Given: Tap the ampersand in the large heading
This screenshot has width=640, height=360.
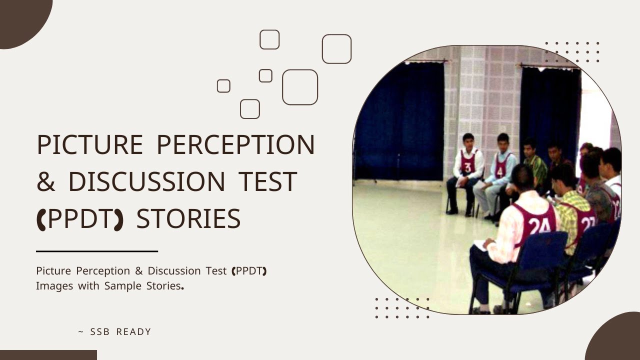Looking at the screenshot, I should [x=46, y=182].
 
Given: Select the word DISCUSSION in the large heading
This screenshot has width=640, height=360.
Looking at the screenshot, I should [x=147, y=182].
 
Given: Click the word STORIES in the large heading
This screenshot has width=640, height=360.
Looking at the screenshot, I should [x=188, y=219].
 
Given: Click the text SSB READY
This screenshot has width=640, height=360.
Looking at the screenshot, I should [x=120, y=332].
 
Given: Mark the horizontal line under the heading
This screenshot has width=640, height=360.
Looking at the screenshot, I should [x=97, y=251].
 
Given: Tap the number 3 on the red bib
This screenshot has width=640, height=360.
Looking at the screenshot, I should [x=467, y=167].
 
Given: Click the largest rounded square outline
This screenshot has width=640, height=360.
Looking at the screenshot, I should [x=300, y=87].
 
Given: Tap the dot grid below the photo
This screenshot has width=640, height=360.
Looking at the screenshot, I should [x=402, y=308].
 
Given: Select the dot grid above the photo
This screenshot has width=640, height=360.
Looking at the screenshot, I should [x=572, y=52].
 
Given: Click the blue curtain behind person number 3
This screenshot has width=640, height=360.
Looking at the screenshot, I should [x=400, y=120].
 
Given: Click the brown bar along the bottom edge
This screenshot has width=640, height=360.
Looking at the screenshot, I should [x=48, y=355].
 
